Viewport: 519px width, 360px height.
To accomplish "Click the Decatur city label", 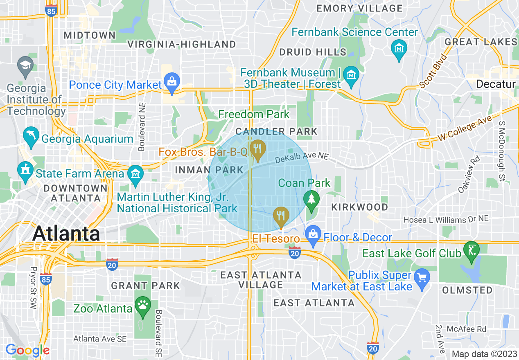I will [496, 84].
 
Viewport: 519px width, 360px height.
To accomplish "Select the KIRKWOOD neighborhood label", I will [360, 207].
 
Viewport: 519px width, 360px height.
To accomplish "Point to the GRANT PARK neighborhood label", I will [145, 286].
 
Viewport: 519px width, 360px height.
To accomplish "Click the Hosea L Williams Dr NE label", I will [446, 220].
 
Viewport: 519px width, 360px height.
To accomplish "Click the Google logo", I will [27, 350].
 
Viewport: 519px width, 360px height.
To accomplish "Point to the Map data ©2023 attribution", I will [484, 354].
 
